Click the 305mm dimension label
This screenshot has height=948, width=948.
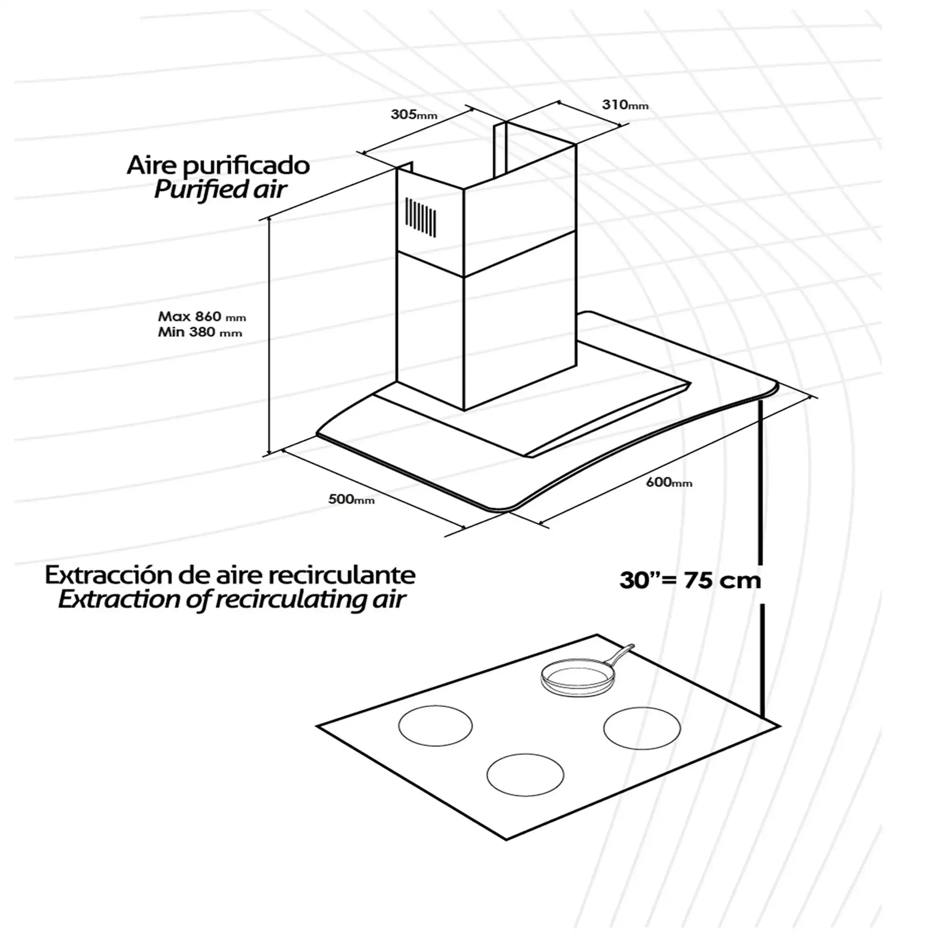tap(414, 114)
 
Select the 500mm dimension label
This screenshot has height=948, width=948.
tap(351, 499)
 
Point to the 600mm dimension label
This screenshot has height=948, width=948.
tap(669, 483)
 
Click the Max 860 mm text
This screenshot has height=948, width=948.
tap(201, 317)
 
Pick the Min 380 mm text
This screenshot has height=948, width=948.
tap(200, 332)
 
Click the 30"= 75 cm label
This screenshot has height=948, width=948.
tap(690, 581)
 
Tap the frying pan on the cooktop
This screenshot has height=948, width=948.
tap(584, 672)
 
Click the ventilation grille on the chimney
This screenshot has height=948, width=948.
tap(420, 218)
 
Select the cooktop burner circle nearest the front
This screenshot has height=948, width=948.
tap(525, 775)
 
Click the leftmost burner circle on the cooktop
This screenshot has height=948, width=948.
tap(435, 726)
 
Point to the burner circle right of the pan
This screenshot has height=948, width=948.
tap(642, 729)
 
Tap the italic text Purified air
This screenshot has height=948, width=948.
tap(220, 190)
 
